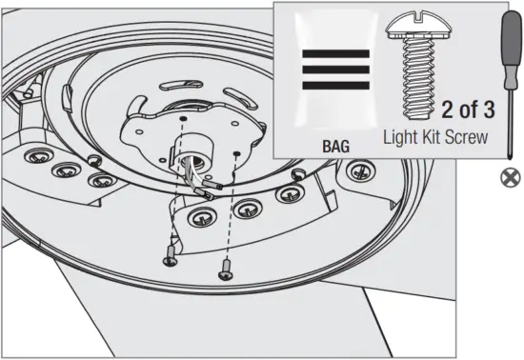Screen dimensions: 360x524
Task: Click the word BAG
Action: point(335,147)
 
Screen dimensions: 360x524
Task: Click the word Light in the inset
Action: point(403,137)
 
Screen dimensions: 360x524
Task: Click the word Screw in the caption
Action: point(470,137)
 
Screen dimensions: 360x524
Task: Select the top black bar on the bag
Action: point(335,54)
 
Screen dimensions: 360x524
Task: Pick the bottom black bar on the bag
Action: point(335,86)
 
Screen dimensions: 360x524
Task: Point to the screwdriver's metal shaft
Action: point(508,124)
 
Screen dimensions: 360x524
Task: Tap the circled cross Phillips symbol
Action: point(508,175)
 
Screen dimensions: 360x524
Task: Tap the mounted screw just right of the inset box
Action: point(359,170)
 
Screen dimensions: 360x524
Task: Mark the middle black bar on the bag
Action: point(335,70)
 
